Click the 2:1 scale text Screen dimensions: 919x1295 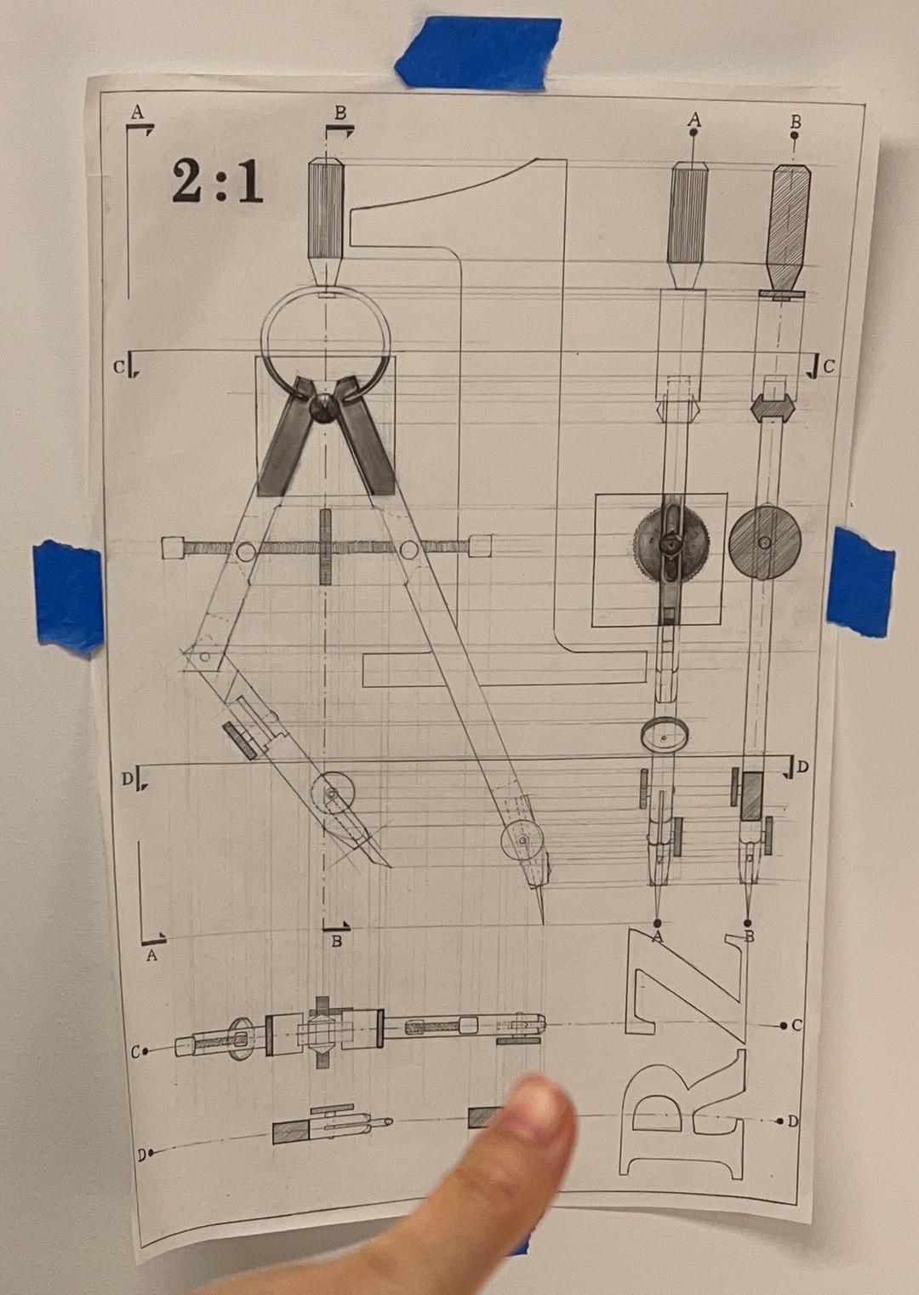tap(217, 181)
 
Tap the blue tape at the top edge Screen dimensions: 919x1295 tap(477, 52)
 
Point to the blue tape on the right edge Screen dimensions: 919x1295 tap(860, 582)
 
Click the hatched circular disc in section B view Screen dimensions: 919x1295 tap(765, 543)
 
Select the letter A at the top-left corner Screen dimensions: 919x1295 tap(137, 112)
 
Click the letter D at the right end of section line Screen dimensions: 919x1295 tap(802, 767)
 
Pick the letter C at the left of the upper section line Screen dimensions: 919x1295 tap(118, 366)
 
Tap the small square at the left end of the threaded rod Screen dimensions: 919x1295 tap(172, 547)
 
